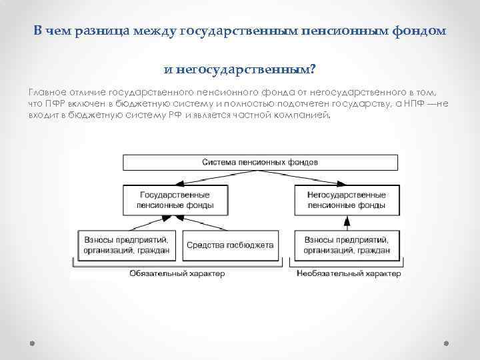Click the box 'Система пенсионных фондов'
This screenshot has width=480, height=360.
tap(260, 162)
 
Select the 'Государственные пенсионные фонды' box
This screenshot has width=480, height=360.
tap(175, 200)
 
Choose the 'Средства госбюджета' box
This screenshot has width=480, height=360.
tap(230, 245)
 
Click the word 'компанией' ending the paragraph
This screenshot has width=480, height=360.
tap(306, 115)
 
